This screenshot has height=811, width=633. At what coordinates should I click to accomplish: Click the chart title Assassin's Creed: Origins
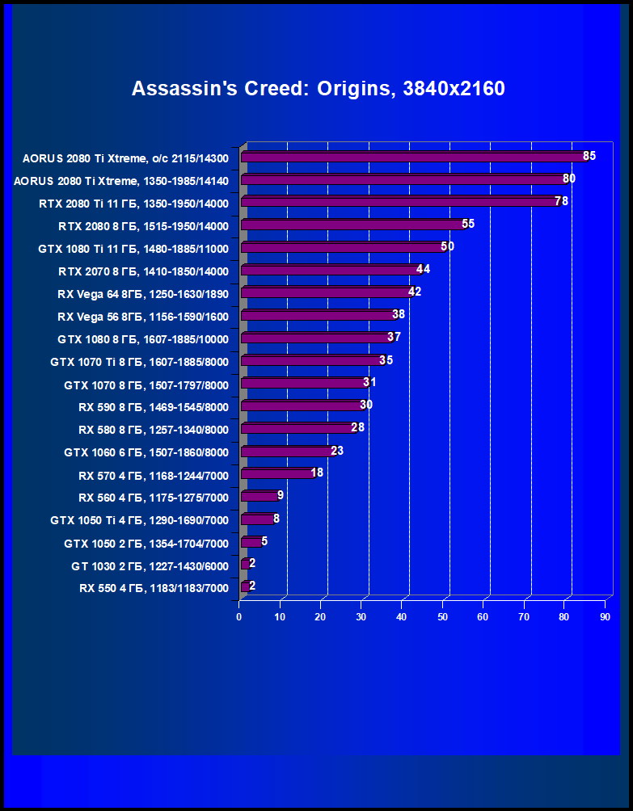click(318, 88)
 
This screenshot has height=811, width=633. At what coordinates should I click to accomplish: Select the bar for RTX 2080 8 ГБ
click(352, 225)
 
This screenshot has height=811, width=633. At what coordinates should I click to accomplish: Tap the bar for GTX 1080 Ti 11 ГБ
click(341, 247)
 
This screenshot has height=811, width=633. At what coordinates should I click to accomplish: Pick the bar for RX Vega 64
click(326, 292)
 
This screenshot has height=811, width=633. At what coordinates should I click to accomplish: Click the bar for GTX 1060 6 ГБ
click(286, 451)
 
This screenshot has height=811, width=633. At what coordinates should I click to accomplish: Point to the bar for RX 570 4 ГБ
click(276, 473)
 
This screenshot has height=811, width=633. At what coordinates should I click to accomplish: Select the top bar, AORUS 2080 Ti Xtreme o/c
click(412, 157)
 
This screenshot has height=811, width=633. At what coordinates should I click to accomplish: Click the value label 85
click(589, 156)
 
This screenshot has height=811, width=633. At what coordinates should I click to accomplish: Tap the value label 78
click(561, 201)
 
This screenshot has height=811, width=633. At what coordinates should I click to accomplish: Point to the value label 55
click(468, 224)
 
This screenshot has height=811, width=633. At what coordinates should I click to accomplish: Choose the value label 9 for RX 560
click(280, 495)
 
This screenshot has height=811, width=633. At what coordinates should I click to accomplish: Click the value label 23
click(337, 450)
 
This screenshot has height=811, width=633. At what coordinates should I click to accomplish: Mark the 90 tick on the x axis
click(605, 617)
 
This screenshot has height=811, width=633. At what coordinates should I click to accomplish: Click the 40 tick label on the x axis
click(402, 617)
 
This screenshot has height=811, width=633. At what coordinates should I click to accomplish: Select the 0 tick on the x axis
click(238, 617)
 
